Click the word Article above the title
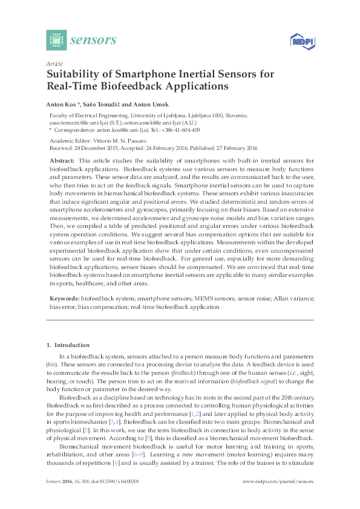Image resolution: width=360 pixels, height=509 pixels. click(54, 63)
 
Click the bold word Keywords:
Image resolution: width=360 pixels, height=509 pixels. click(64, 299)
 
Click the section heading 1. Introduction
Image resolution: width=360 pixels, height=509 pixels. click(67, 345)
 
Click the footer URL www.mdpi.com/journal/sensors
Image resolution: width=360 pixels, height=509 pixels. click(278, 482)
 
